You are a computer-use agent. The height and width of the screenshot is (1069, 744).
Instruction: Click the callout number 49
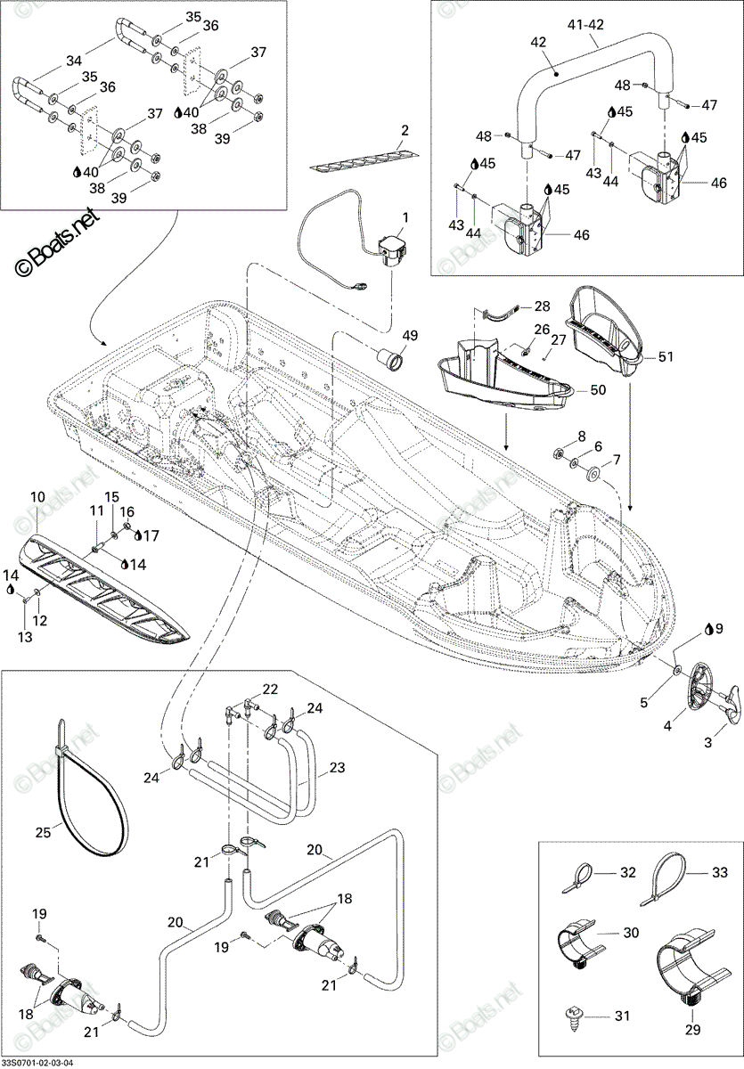pos(410,335)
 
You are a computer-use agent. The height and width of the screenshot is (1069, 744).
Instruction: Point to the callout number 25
pos(43,832)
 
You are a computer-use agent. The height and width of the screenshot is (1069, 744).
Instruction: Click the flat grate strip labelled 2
pos(366,162)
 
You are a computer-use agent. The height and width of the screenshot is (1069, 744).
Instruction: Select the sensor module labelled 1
pos(392,253)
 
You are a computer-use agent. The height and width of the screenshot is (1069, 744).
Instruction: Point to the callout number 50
pos(598,389)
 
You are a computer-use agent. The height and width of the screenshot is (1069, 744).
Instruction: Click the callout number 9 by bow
pos(719,628)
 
